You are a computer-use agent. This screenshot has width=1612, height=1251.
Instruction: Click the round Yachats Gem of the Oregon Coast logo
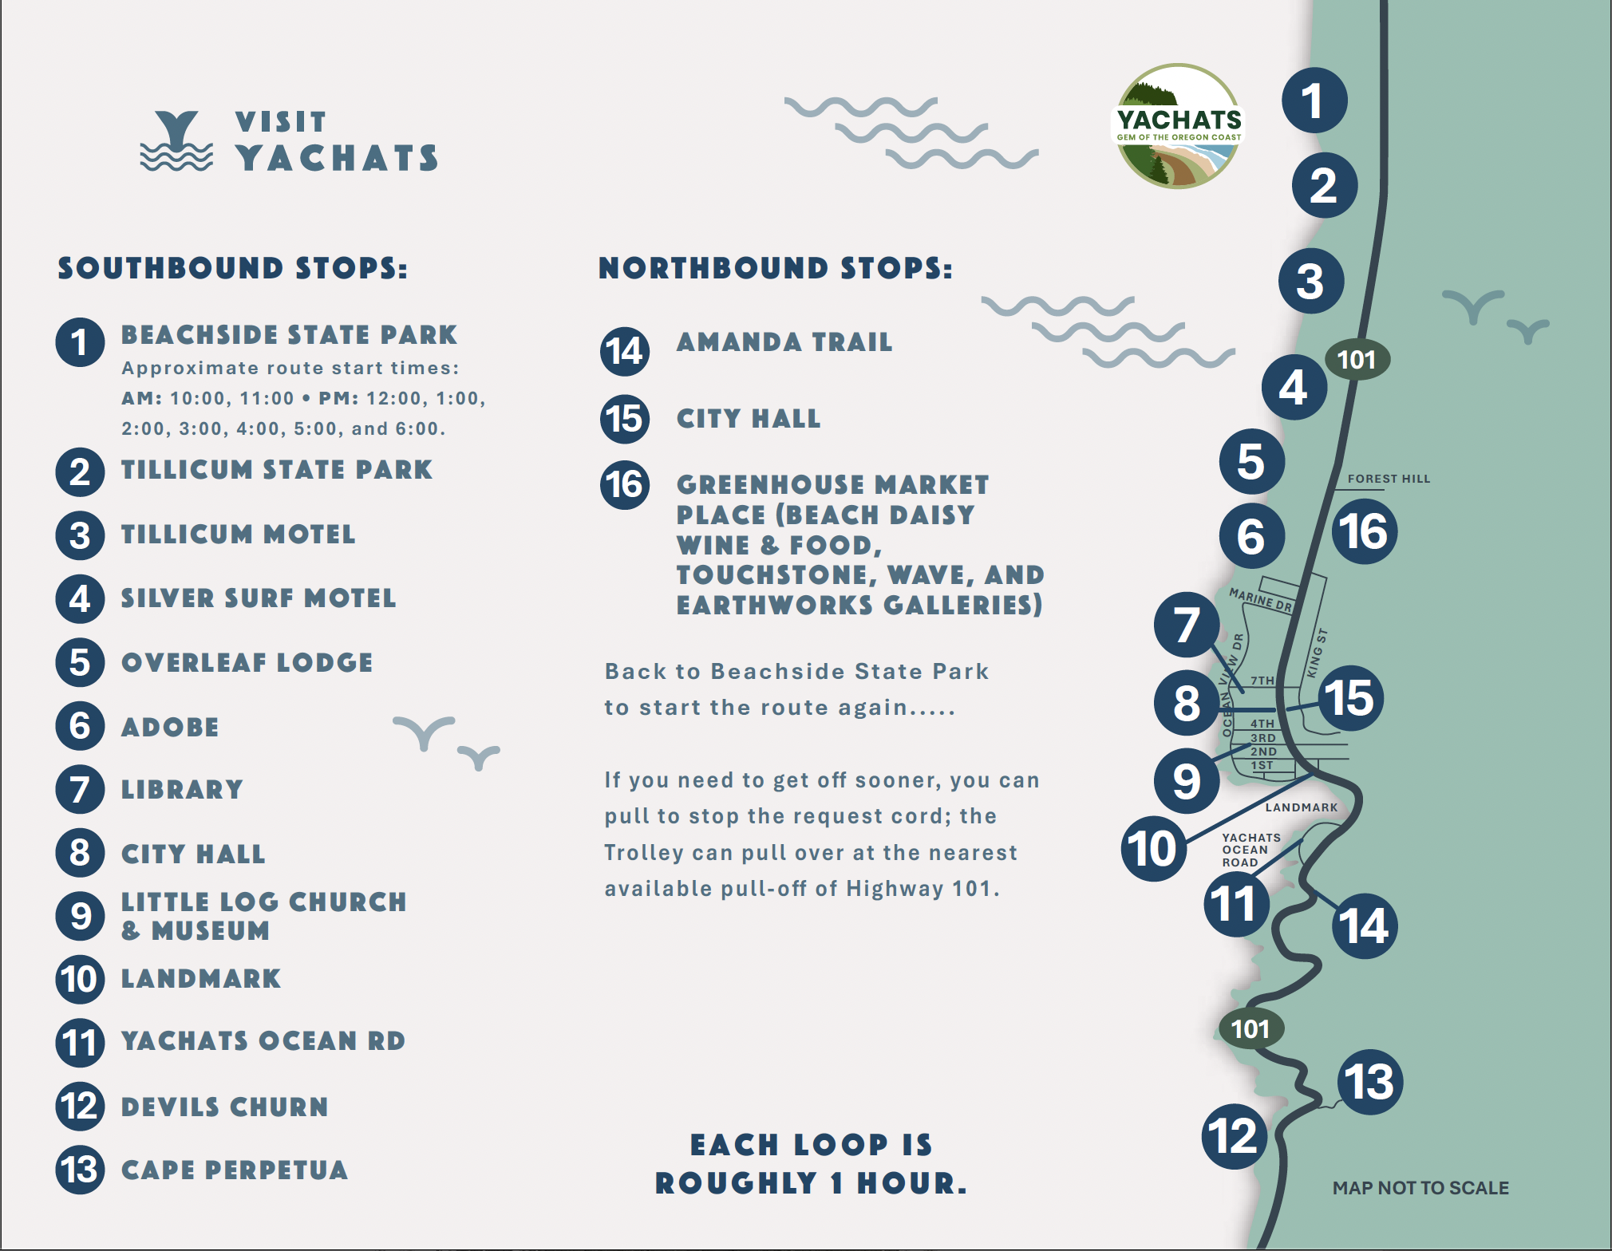1178,126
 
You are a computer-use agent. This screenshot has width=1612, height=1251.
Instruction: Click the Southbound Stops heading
232,268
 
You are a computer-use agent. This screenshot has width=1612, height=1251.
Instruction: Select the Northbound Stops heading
775,268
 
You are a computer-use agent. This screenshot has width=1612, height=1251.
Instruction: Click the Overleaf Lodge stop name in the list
247,662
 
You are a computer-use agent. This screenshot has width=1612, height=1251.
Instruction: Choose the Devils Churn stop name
224,1107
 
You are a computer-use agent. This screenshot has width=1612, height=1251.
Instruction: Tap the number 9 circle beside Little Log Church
80,916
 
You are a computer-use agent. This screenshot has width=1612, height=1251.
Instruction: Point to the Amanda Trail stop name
784,342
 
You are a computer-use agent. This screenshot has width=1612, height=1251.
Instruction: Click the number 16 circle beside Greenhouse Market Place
624,484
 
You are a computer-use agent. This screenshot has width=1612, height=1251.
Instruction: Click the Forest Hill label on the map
1389,479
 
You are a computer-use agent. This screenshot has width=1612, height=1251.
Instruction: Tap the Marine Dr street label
1260,599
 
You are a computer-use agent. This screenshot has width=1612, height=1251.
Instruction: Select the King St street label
1317,653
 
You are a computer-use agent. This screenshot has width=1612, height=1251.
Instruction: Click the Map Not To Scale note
1420,1188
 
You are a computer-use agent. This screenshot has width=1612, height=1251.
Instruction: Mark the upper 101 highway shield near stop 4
1357,360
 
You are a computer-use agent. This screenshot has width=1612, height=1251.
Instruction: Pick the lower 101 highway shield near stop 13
1250,1029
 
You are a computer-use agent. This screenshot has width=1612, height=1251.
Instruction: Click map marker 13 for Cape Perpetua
1369,1082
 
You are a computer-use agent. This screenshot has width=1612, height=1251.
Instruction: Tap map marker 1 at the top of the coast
1314,101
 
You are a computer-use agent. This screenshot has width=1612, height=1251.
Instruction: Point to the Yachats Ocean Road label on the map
1250,850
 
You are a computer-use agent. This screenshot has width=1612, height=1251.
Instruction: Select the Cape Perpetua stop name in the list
234,1170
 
